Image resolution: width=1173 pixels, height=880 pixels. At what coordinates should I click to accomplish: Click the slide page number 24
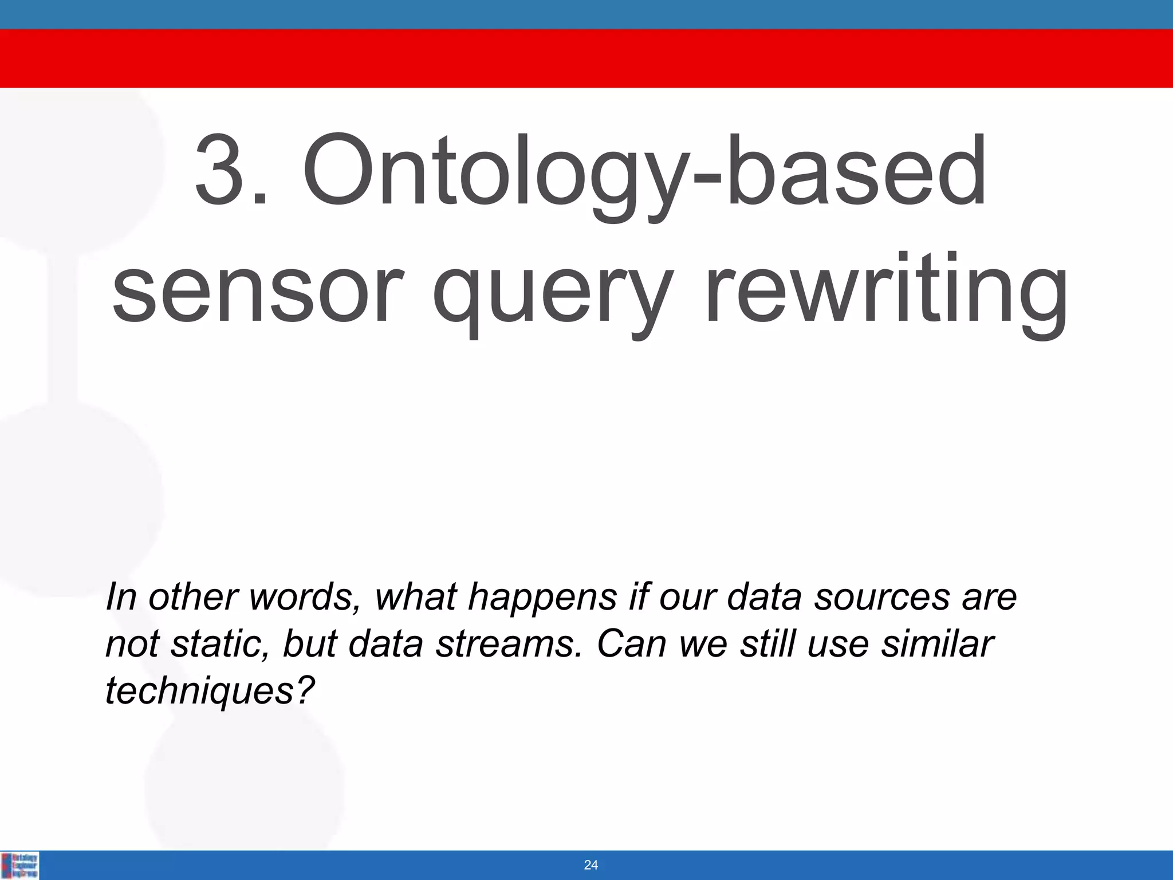click(x=591, y=865)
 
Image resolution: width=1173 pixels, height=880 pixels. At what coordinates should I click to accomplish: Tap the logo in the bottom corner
click(x=20, y=865)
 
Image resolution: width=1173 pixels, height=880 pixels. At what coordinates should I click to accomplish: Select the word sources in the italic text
click(x=881, y=598)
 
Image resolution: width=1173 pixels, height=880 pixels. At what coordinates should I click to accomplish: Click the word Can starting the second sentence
click(x=632, y=644)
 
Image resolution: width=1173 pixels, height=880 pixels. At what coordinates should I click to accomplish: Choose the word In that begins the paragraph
click(x=121, y=598)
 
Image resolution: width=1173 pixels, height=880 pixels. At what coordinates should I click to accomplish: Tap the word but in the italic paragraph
click(x=309, y=644)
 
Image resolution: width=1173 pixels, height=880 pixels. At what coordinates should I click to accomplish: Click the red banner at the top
click(x=586, y=58)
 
